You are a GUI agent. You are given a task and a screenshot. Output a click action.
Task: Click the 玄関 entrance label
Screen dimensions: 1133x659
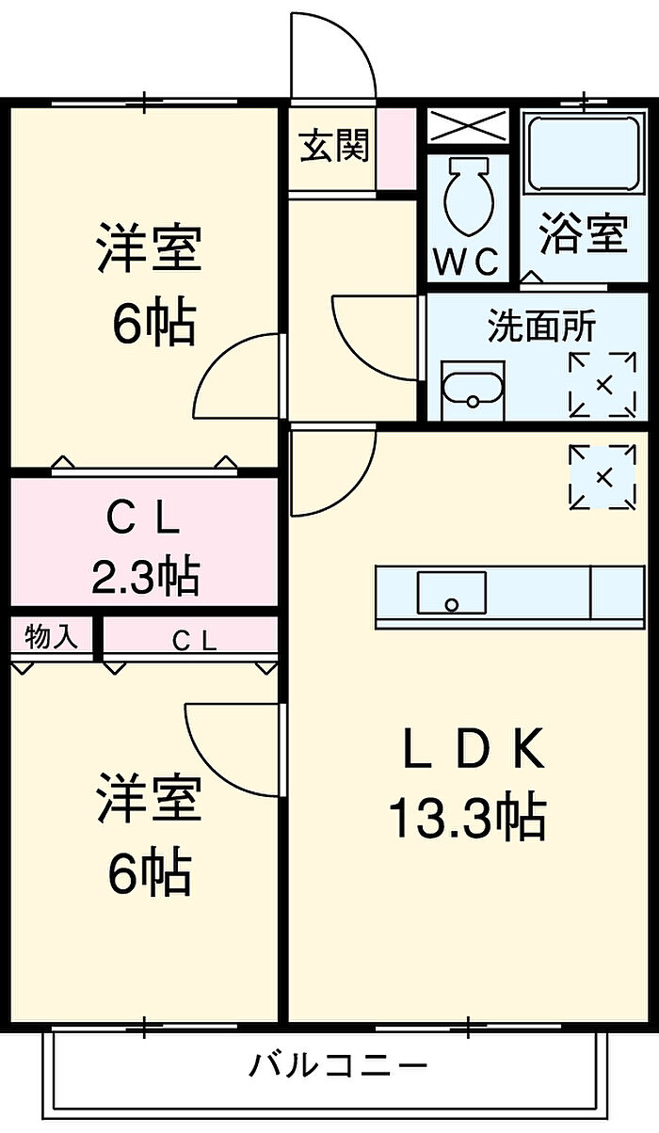(x=334, y=147)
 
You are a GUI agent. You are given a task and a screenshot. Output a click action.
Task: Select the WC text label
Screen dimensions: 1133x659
(x=466, y=261)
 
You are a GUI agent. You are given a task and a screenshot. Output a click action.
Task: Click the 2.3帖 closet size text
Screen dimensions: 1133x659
(x=144, y=576)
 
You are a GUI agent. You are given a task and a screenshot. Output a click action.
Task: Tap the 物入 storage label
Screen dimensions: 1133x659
(x=51, y=638)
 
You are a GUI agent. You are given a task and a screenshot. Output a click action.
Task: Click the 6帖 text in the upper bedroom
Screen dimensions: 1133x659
(x=153, y=323)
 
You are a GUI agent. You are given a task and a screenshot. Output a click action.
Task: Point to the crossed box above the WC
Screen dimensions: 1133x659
(x=467, y=124)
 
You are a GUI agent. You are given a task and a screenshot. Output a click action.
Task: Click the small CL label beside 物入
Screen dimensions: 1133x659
(x=194, y=641)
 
